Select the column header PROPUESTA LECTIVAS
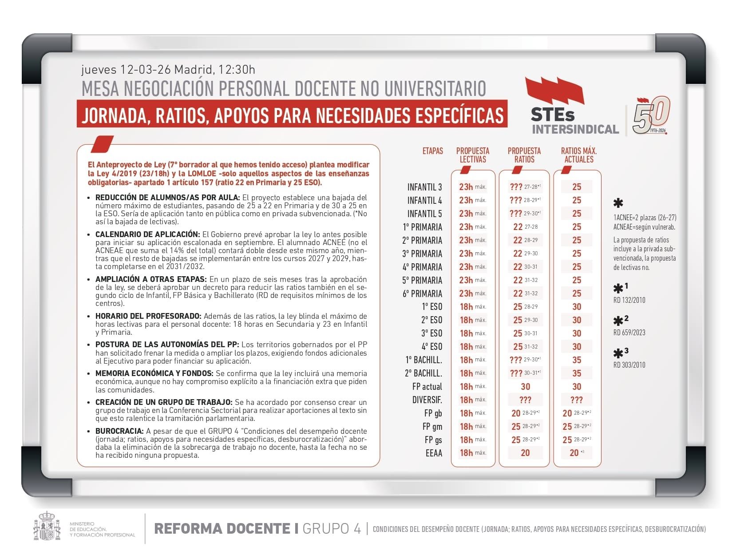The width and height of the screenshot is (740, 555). [473, 155]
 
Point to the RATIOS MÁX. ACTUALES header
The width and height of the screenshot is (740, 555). [578, 155]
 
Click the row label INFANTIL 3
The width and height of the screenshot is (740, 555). [424, 187]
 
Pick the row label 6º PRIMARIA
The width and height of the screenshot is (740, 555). [422, 293]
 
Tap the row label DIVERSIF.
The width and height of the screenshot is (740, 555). [427, 400]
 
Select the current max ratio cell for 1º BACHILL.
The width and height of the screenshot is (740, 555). [577, 360]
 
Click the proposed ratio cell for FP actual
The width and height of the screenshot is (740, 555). [525, 386]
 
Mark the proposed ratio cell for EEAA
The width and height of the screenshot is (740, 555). [525, 453]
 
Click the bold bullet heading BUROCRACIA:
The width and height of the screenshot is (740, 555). [119, 431]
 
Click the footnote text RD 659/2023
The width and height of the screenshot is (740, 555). [629, 333]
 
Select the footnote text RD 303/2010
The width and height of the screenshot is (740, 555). [629, 365]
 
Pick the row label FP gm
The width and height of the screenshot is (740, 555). [432, 426]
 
